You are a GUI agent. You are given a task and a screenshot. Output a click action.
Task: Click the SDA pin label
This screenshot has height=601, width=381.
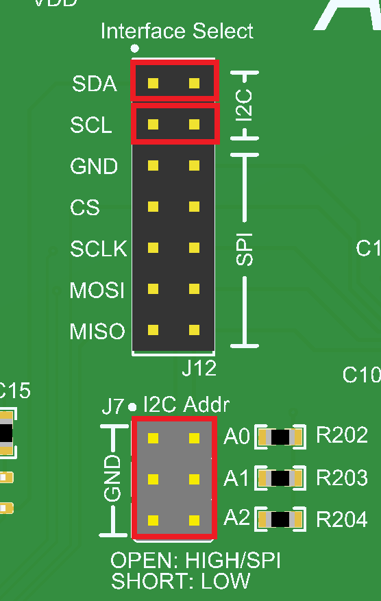(x=95, y=84)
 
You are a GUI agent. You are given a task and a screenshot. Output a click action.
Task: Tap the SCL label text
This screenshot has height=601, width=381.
(x=91, y=125)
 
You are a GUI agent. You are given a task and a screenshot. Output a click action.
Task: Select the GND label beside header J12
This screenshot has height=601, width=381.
(x=94, y=167)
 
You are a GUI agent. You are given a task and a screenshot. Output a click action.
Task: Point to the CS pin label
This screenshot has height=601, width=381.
(x=85, y=207)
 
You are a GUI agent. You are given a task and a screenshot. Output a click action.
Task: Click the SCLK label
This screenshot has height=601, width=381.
(x=99, y=248)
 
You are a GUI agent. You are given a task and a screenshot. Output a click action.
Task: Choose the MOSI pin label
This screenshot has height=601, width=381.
(x=97, y=290)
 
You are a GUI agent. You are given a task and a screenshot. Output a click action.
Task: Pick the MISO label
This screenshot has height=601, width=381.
(x=97, y=332)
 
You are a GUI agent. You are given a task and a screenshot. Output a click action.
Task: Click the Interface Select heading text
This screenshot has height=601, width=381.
(x=177, y=31)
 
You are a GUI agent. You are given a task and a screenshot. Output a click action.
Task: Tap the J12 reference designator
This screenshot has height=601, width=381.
(x=199, y=368)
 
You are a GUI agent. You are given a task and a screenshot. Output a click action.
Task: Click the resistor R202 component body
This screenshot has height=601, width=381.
(x=280, y=437)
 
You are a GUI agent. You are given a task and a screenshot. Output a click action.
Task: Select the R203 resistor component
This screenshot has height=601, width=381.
(x=280, y=478)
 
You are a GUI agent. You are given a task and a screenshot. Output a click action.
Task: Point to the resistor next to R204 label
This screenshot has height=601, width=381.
(x=280, y=520)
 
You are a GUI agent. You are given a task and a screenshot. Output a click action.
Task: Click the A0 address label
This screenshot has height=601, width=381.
(x=236, y=436)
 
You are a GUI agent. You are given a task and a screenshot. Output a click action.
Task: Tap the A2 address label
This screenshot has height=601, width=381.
(x=236, y=519)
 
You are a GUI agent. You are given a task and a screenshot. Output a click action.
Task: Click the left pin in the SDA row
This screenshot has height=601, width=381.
(x=153, y=84)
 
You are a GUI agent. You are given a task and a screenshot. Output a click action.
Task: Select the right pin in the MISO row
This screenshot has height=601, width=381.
(x=195, y=330)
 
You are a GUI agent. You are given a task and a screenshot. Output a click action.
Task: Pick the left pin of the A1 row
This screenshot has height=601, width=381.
(x=153, y=478)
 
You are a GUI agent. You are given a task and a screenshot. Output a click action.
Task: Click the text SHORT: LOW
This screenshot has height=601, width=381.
(x=180, y=582)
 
